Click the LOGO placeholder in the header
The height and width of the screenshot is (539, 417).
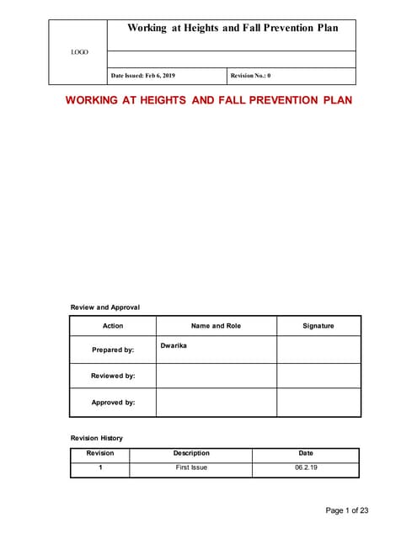coord(78,52)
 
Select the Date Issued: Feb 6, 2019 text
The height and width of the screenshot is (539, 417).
coord(143,76)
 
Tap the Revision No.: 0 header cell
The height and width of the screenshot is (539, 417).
coord(250,76)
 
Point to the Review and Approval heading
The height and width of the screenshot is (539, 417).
coord(104,307)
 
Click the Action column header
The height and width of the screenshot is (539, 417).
coord(112,326)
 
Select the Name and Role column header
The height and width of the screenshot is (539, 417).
coord(216,326)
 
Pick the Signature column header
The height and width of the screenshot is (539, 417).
coord(318,326)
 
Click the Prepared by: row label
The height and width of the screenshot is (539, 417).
coord(113,350)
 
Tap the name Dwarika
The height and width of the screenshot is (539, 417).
coord(174,345)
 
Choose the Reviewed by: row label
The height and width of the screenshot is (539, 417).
coord(113,376)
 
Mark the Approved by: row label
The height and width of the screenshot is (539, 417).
coord(113,403)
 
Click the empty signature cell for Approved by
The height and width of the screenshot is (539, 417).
coord(318,403)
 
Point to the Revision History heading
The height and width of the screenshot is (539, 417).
coord(96,438)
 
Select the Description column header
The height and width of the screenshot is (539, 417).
coord(191,453)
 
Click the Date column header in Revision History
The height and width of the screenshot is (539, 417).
coord(306,453)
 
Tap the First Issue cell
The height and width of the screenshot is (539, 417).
coord(191,467)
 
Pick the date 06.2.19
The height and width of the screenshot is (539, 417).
coord(306,467)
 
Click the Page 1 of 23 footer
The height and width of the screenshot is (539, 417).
coord(347,510)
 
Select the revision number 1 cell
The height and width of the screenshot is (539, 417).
coord(100,467)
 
